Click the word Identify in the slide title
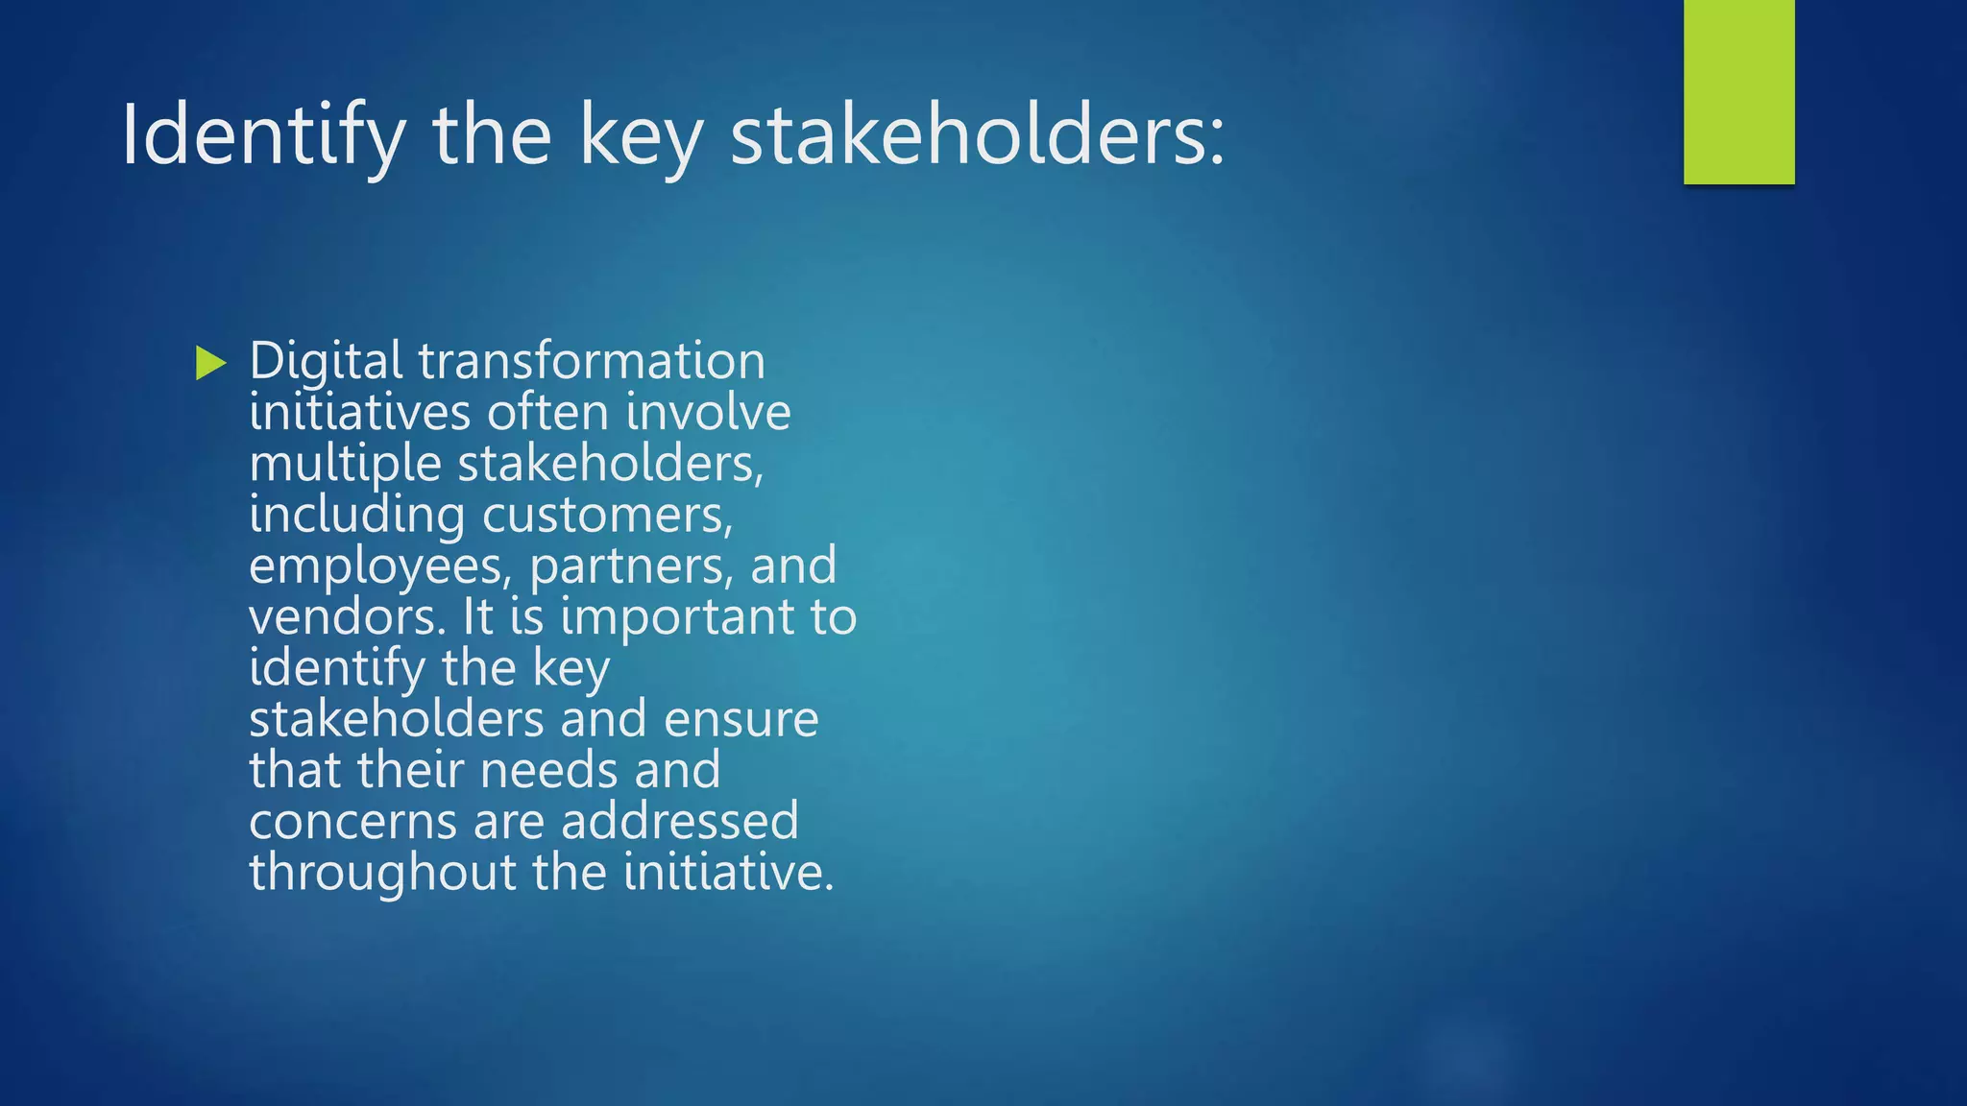(262, 136)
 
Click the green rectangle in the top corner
(1738, 91)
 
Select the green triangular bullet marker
(210, 363)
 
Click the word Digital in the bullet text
(326, 362)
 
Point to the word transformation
(592, 362)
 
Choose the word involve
(708, 413)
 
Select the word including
(356, 515)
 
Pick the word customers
(607, 516)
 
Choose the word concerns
(352, 822)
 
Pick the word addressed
(679, 822)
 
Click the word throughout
(383, 873)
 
